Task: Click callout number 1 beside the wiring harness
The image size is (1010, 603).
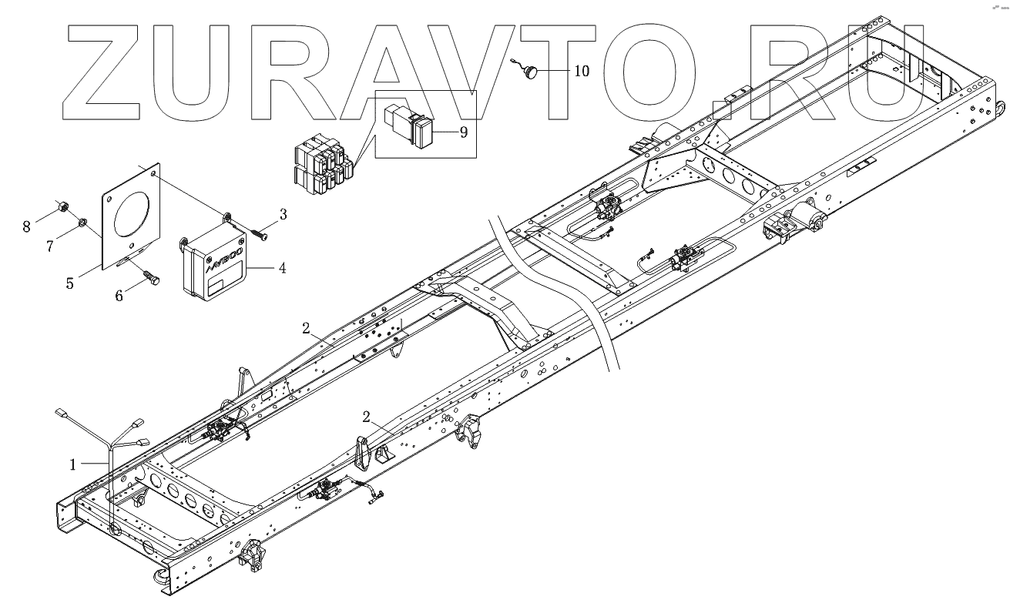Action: (x=73, y=464)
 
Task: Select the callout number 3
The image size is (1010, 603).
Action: (x=283, y=214)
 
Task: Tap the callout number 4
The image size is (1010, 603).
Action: (x=282, y=269)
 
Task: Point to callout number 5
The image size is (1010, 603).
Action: (x=69, y=283)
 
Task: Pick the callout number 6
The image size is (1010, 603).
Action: (x=119, y=296)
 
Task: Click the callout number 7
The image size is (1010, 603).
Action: (x=50, y=246)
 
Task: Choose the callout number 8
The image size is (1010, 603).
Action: (x=27, y=226)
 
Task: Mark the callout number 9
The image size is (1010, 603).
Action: (x=464, y=132)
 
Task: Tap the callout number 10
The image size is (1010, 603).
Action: (x=581, y=71)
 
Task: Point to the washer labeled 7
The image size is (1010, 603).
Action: (x=82, y=224)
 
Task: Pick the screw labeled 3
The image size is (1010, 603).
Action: (x=260, y=233)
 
